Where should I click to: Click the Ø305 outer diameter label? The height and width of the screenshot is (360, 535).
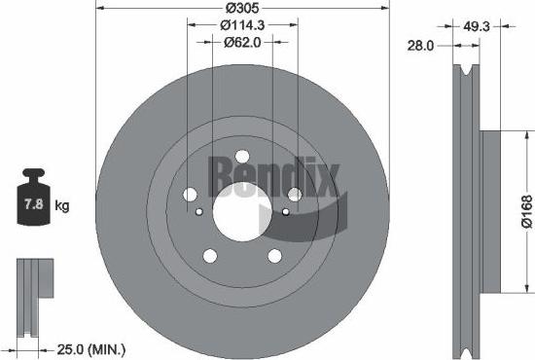click(240, 8)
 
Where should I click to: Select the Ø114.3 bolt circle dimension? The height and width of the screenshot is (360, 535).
click(241, 24)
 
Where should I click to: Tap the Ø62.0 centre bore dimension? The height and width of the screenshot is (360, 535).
click(241, 42)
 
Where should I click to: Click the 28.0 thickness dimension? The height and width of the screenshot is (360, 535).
click(420, 45)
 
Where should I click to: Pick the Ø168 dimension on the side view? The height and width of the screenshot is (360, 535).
click(525, 208)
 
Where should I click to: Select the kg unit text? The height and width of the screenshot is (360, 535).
click(62, 207)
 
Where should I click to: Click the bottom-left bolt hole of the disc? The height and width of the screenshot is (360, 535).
click(209, 255)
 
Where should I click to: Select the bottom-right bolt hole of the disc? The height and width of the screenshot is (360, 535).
click(273, 255)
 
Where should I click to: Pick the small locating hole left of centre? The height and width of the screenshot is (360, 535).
click(198, 211)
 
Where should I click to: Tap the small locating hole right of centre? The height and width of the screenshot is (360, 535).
click(285, 211)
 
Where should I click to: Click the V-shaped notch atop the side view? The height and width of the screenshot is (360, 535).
click(471, 78)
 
